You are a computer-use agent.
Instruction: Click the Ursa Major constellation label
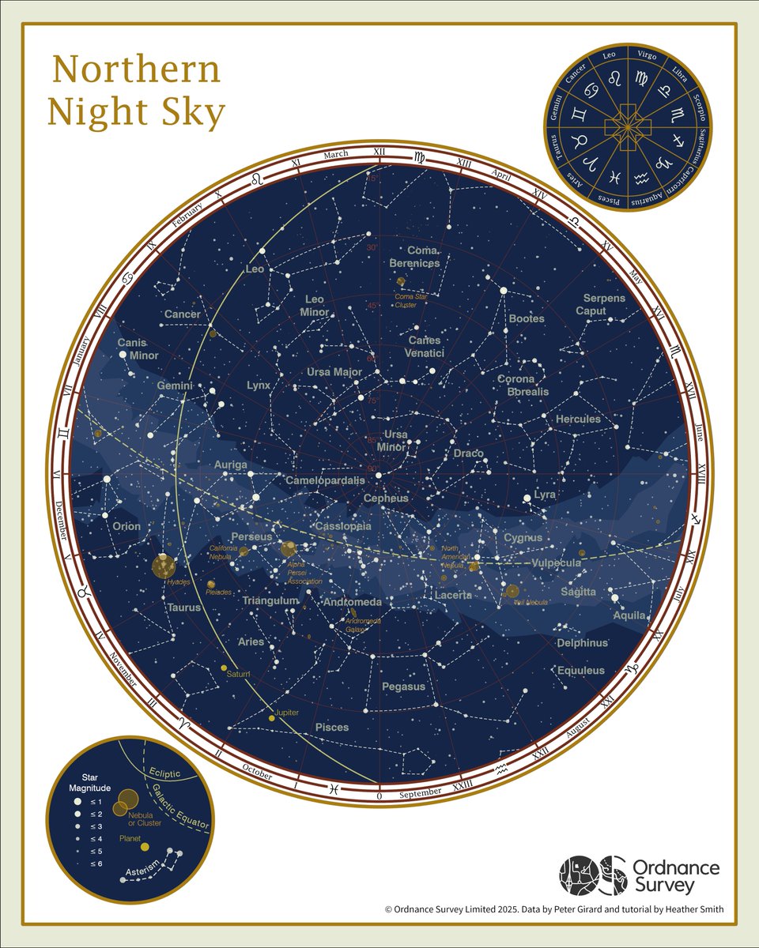coord(334,372)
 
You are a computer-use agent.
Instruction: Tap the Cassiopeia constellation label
coord(342,526)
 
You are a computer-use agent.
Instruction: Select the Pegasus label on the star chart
coord(403,687)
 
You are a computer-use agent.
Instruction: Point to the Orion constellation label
coord(126,526)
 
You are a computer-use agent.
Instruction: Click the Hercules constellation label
coord(578,419)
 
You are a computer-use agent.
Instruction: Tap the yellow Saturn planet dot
coord(224,668)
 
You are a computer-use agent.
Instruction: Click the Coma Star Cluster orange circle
coord(401,280)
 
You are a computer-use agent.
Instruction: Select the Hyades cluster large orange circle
coord(164,566)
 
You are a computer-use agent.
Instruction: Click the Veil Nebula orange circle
coord(512,590)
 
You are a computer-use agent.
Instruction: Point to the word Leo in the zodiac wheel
coord(609,55)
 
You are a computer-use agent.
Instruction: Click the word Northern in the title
coord(136,70)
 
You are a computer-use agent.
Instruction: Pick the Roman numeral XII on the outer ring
coord(379,152)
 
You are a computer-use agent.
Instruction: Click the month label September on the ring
coord(421,793)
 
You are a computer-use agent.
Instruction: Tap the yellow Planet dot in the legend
coord(144,847)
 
